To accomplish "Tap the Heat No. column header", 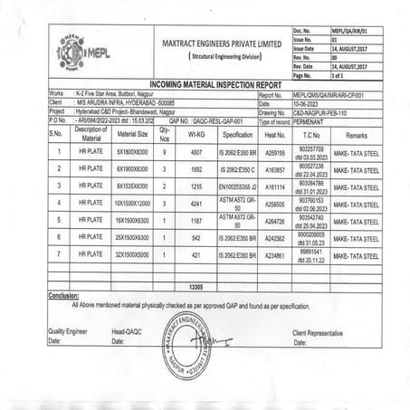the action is (x=274, y=133).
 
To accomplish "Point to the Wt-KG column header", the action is (x=196, y=133).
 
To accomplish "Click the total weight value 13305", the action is (x=195, y=286).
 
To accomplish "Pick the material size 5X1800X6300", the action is (x=132, y=151).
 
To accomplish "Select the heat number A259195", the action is (x=274, y=151).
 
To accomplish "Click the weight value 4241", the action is (x=196, y=204).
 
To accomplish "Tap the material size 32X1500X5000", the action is (x=132, y=255).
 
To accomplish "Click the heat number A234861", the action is (x=274, y=255).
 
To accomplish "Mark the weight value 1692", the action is (x=196, y=168).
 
